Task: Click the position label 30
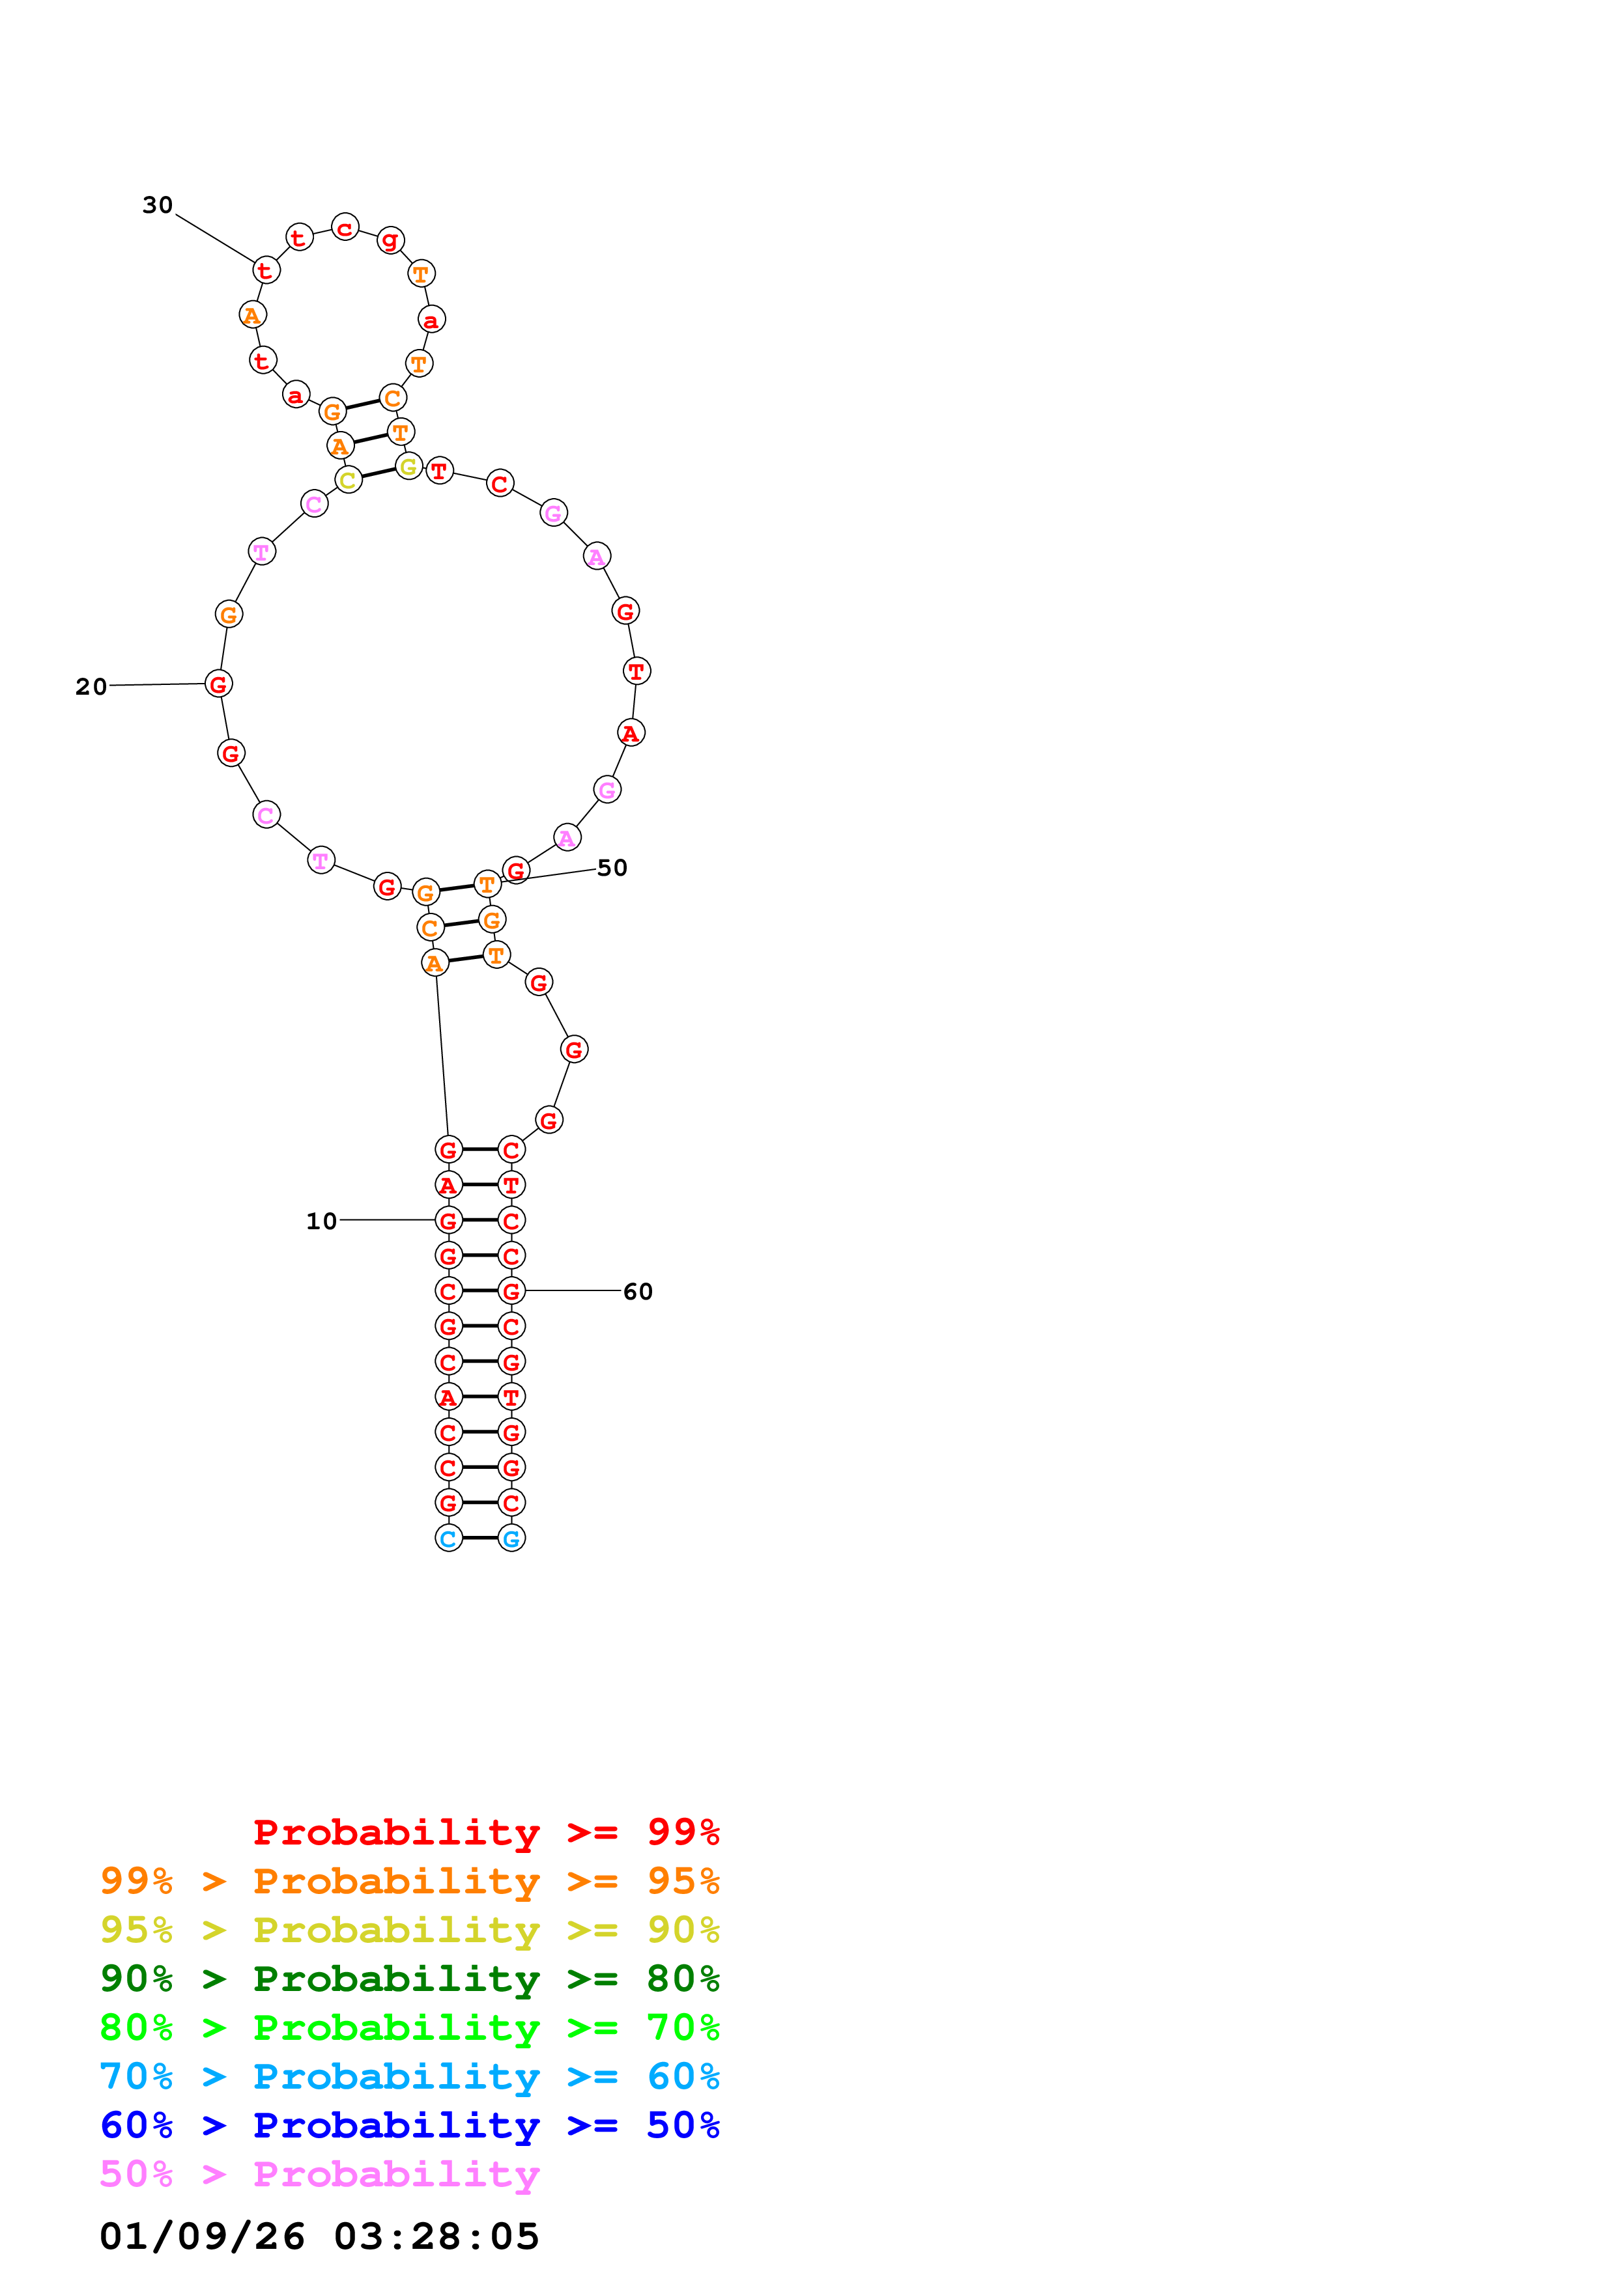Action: click(x=157, y=205)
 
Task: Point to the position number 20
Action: click(x=91, y=686)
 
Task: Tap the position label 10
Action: click(x=321, y=1221)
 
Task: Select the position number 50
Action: click(x=612, y=867)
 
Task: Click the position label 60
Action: click(x=638, y=1291)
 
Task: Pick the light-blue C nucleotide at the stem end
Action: click(x=449, y=1539)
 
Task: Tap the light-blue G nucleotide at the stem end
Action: click(x=511, y=1539)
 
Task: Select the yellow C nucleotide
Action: click(x=347, y=480)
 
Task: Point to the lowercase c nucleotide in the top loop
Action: click(x=344, y=228)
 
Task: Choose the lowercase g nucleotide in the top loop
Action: click(x=390, y=240)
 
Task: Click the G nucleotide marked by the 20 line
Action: click(x=219, y=684)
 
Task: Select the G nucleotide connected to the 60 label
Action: click(x=511, y=1291)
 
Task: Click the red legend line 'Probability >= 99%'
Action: click(x=485, y=1831)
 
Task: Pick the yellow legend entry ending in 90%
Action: click(x=409, y=1930)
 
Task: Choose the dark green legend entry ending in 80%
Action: click(x=409, y=1979)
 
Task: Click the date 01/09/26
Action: click(x=201, y=2236)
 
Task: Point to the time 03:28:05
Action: click(x=436, y=2236)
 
